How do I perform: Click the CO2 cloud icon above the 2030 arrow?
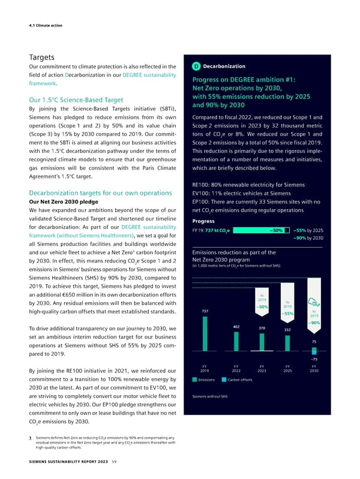click(x=314, y=301)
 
